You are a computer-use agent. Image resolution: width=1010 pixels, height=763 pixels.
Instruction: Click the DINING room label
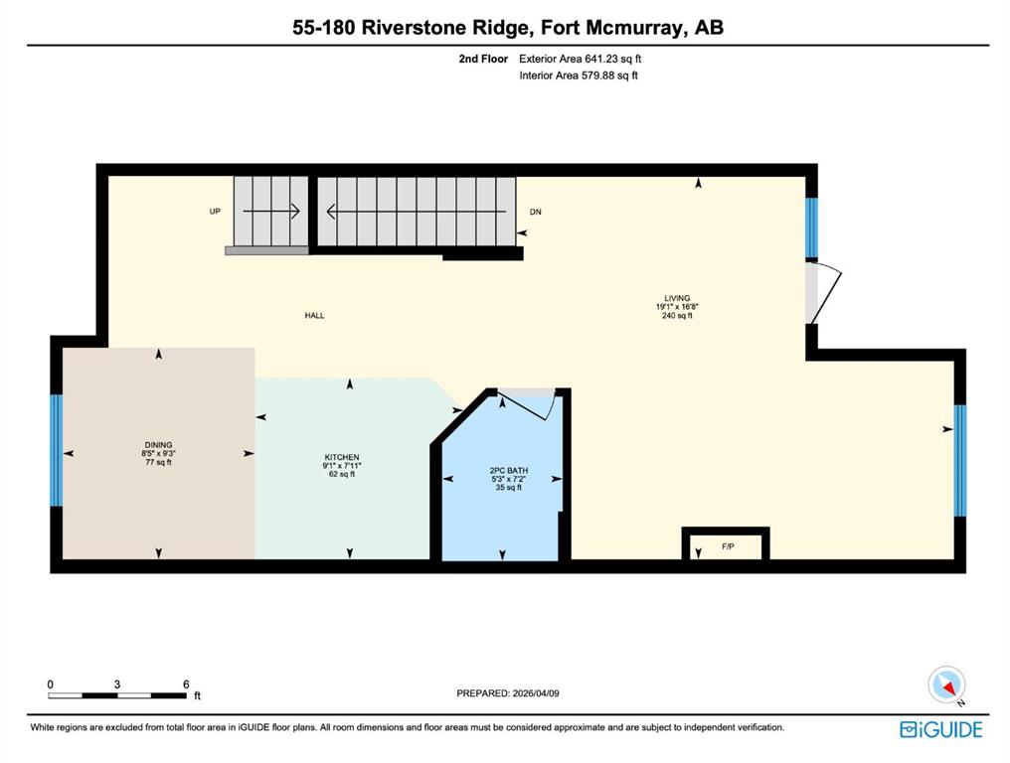(x=158, y=444)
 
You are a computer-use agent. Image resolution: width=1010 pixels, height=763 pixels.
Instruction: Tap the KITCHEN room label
(x=341, y=457)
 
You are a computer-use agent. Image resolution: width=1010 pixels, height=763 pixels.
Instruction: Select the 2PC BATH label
(x=508, y=471)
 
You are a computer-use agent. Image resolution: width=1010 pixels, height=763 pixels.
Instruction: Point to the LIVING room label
(x=677, y=298)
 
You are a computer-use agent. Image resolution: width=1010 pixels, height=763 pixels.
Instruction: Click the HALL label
(x=314, y=316)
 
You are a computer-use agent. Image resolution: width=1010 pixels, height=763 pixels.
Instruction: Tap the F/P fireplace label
(x=728, y=546)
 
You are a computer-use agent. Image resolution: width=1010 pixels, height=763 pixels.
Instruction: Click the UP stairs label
(x=215, y=212)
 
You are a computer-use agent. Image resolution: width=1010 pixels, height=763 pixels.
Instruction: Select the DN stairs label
(x=535, y=212)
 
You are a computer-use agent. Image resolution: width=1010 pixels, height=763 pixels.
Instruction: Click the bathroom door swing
(x=528, y=404)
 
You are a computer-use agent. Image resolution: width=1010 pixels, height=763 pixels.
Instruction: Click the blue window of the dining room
(x=57, y=450)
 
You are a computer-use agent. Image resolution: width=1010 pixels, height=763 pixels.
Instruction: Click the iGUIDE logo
(x=941, y=729)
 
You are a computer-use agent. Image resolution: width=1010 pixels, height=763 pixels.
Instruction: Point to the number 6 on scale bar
(x=186, y=685)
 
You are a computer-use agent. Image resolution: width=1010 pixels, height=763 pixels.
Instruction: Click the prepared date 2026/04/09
(x=536, y=693)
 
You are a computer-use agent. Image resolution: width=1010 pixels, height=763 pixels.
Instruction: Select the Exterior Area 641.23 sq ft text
(x=581, y=59)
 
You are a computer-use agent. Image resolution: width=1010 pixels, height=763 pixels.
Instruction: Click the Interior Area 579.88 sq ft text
(x=579, y=76)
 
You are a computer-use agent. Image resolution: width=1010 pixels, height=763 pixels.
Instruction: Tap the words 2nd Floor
(x=483, y=59)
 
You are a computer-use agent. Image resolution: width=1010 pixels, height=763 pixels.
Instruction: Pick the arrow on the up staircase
(x=271, y=212)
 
